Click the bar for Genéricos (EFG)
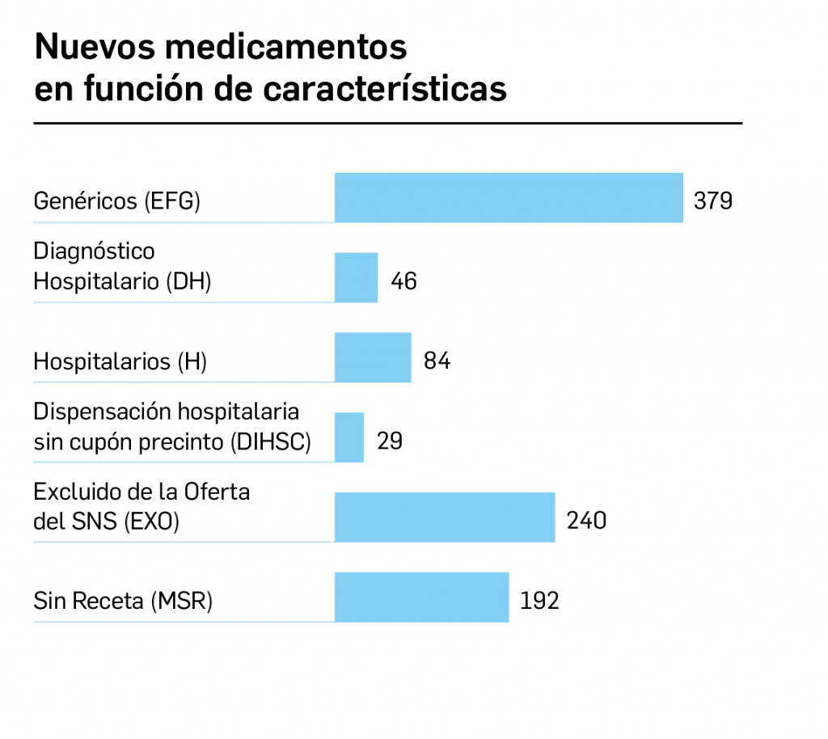(x=509, y=198)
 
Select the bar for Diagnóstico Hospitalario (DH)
(x=356, y=277)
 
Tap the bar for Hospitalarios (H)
(x=373, y=357)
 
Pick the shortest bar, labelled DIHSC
(x=349, y=437)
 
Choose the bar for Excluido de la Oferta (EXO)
(x=445, y=517)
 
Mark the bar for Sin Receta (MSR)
(x=421, y=598)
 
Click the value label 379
(x=713, y=201)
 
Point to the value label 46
(x=403, y=281)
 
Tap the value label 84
(x=437, y=361)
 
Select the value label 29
(x=389, y=441)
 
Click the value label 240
(x=586, y=521)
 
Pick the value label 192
(x=539, y=601)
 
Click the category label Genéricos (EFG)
(x=116, y=201)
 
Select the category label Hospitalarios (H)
(x=120, y=361)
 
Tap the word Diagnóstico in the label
(x=94, y=251)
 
